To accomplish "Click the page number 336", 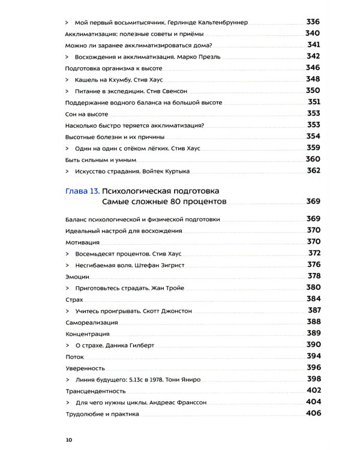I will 314,22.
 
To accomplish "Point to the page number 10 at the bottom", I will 69,440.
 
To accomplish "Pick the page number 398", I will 314,379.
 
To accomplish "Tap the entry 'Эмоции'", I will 77,277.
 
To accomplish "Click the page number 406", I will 314,413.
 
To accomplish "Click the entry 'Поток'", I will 74,356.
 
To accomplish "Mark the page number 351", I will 314,102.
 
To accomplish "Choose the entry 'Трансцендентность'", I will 94,391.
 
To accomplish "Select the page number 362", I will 314,170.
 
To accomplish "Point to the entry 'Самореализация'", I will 91,322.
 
